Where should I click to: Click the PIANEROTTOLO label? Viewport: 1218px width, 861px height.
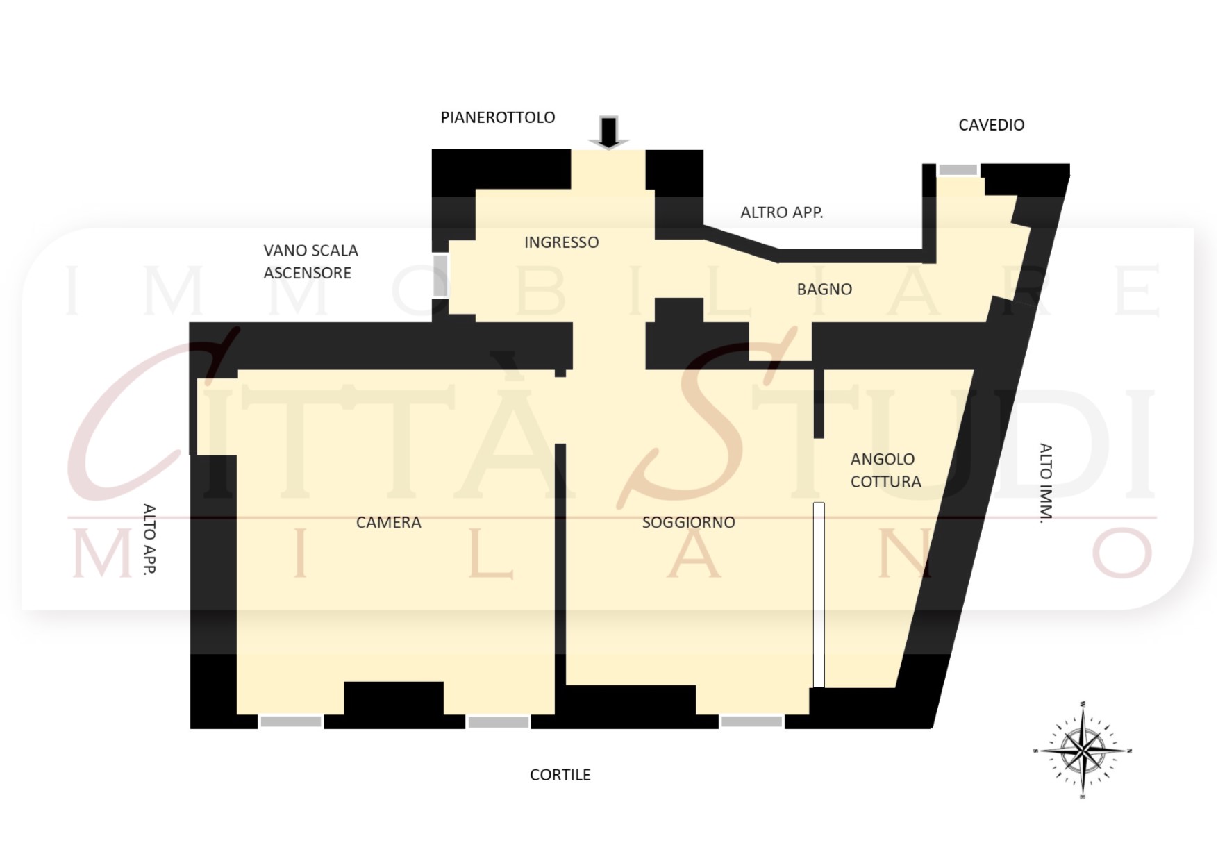(498, 117)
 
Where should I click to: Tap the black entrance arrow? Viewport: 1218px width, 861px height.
(609, 133)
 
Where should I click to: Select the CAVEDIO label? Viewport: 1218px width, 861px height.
(991, 125)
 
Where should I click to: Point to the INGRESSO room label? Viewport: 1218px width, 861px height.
(561, 242)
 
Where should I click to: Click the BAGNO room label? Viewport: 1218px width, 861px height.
(824, 290)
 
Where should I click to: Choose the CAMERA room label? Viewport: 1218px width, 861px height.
(388, 522)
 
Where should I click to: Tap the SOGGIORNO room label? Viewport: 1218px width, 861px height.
(688, 522)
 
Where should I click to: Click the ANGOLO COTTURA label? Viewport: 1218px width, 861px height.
(885, 470)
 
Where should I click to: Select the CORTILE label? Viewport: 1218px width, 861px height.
(560, 775)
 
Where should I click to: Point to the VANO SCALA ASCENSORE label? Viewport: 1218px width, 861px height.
(310, 262)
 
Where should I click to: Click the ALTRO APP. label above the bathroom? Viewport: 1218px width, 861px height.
(781, 212)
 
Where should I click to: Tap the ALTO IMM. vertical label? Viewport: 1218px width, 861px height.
(1046, 483)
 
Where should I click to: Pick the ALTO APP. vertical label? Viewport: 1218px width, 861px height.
(149, 539)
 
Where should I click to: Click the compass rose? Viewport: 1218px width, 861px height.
(1083, 751)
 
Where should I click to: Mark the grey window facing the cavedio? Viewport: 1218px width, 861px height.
(958, 170)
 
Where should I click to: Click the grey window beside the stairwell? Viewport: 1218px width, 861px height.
(440, 275)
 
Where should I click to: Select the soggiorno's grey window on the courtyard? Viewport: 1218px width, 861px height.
(751, 722)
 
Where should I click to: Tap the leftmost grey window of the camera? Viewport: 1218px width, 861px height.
(291, 722)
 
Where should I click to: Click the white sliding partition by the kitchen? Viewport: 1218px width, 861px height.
(819, 595)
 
